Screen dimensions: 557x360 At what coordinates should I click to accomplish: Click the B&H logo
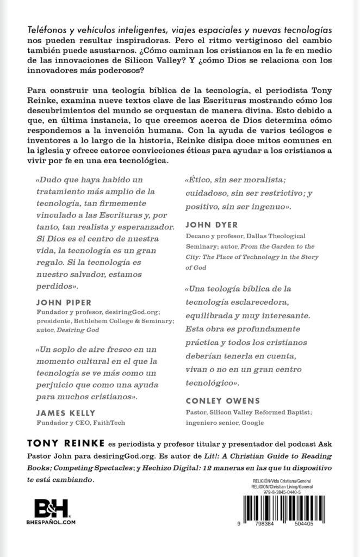(52, 512)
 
